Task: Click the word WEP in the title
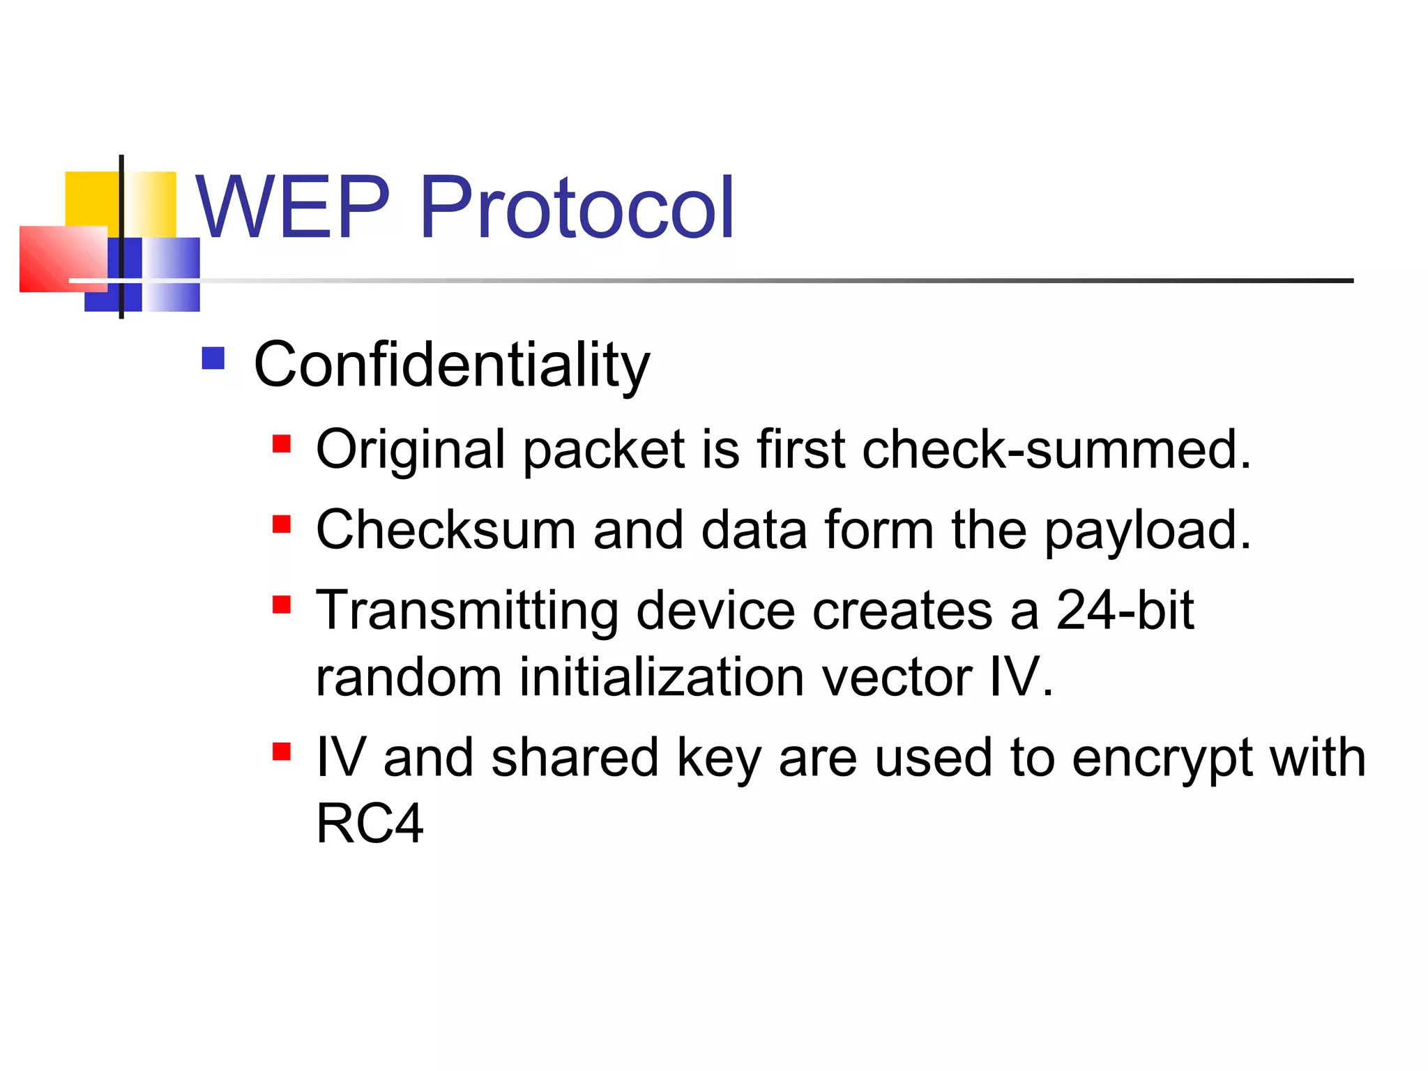291,207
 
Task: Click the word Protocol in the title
577,207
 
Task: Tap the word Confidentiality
451,365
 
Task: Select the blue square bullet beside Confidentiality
213,358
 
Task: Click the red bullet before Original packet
281,444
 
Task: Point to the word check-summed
1056,449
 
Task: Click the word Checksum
446,530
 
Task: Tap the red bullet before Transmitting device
281,604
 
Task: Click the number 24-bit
1125,610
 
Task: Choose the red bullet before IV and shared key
281,752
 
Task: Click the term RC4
370,823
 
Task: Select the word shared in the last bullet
575,757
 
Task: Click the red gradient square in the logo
63,259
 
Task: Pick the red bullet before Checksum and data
281,524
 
